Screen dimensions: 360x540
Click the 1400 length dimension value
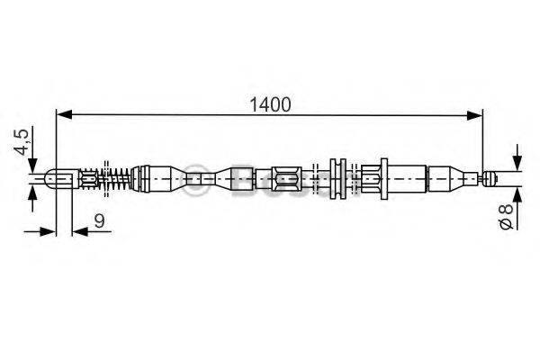(x=270, y=103)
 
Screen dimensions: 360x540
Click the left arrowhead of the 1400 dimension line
(x=63, y=113)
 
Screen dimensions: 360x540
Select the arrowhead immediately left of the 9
(x=78, y=231)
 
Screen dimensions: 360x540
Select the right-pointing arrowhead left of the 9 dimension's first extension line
(x=49, y=231)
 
